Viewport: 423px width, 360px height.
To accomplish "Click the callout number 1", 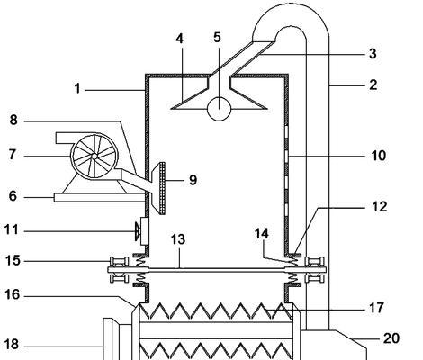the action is [77, 89].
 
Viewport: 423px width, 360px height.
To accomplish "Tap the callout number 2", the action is [373, 85].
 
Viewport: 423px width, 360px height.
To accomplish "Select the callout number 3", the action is [373, 54].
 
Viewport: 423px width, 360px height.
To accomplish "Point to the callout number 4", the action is [179, 39].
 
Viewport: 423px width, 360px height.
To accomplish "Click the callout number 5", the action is [217, 38].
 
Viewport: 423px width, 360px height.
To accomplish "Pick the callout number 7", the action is [13, 155].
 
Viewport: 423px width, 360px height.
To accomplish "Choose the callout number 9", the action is [193, 180].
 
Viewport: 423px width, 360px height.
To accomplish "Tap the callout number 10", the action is [379, 156].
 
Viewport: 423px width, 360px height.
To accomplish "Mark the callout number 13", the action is [178, 239].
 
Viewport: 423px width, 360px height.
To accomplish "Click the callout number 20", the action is [391, 338].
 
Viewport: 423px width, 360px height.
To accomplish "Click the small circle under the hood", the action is [219, 109].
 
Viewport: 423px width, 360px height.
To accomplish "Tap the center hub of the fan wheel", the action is [94, 156].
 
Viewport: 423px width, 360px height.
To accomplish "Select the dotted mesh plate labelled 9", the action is [162, 188].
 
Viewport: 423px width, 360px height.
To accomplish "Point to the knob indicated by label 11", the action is [137, 231].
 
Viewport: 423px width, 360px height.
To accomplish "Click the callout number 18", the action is [12, 345].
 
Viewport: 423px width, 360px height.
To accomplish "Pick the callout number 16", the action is [12, 294].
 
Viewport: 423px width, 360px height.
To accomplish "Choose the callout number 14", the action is [262, 234].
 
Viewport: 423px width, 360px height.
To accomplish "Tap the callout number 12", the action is [380, 207].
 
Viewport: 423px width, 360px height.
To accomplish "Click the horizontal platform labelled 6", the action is [99, 198].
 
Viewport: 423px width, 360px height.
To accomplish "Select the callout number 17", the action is [376, 308].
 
